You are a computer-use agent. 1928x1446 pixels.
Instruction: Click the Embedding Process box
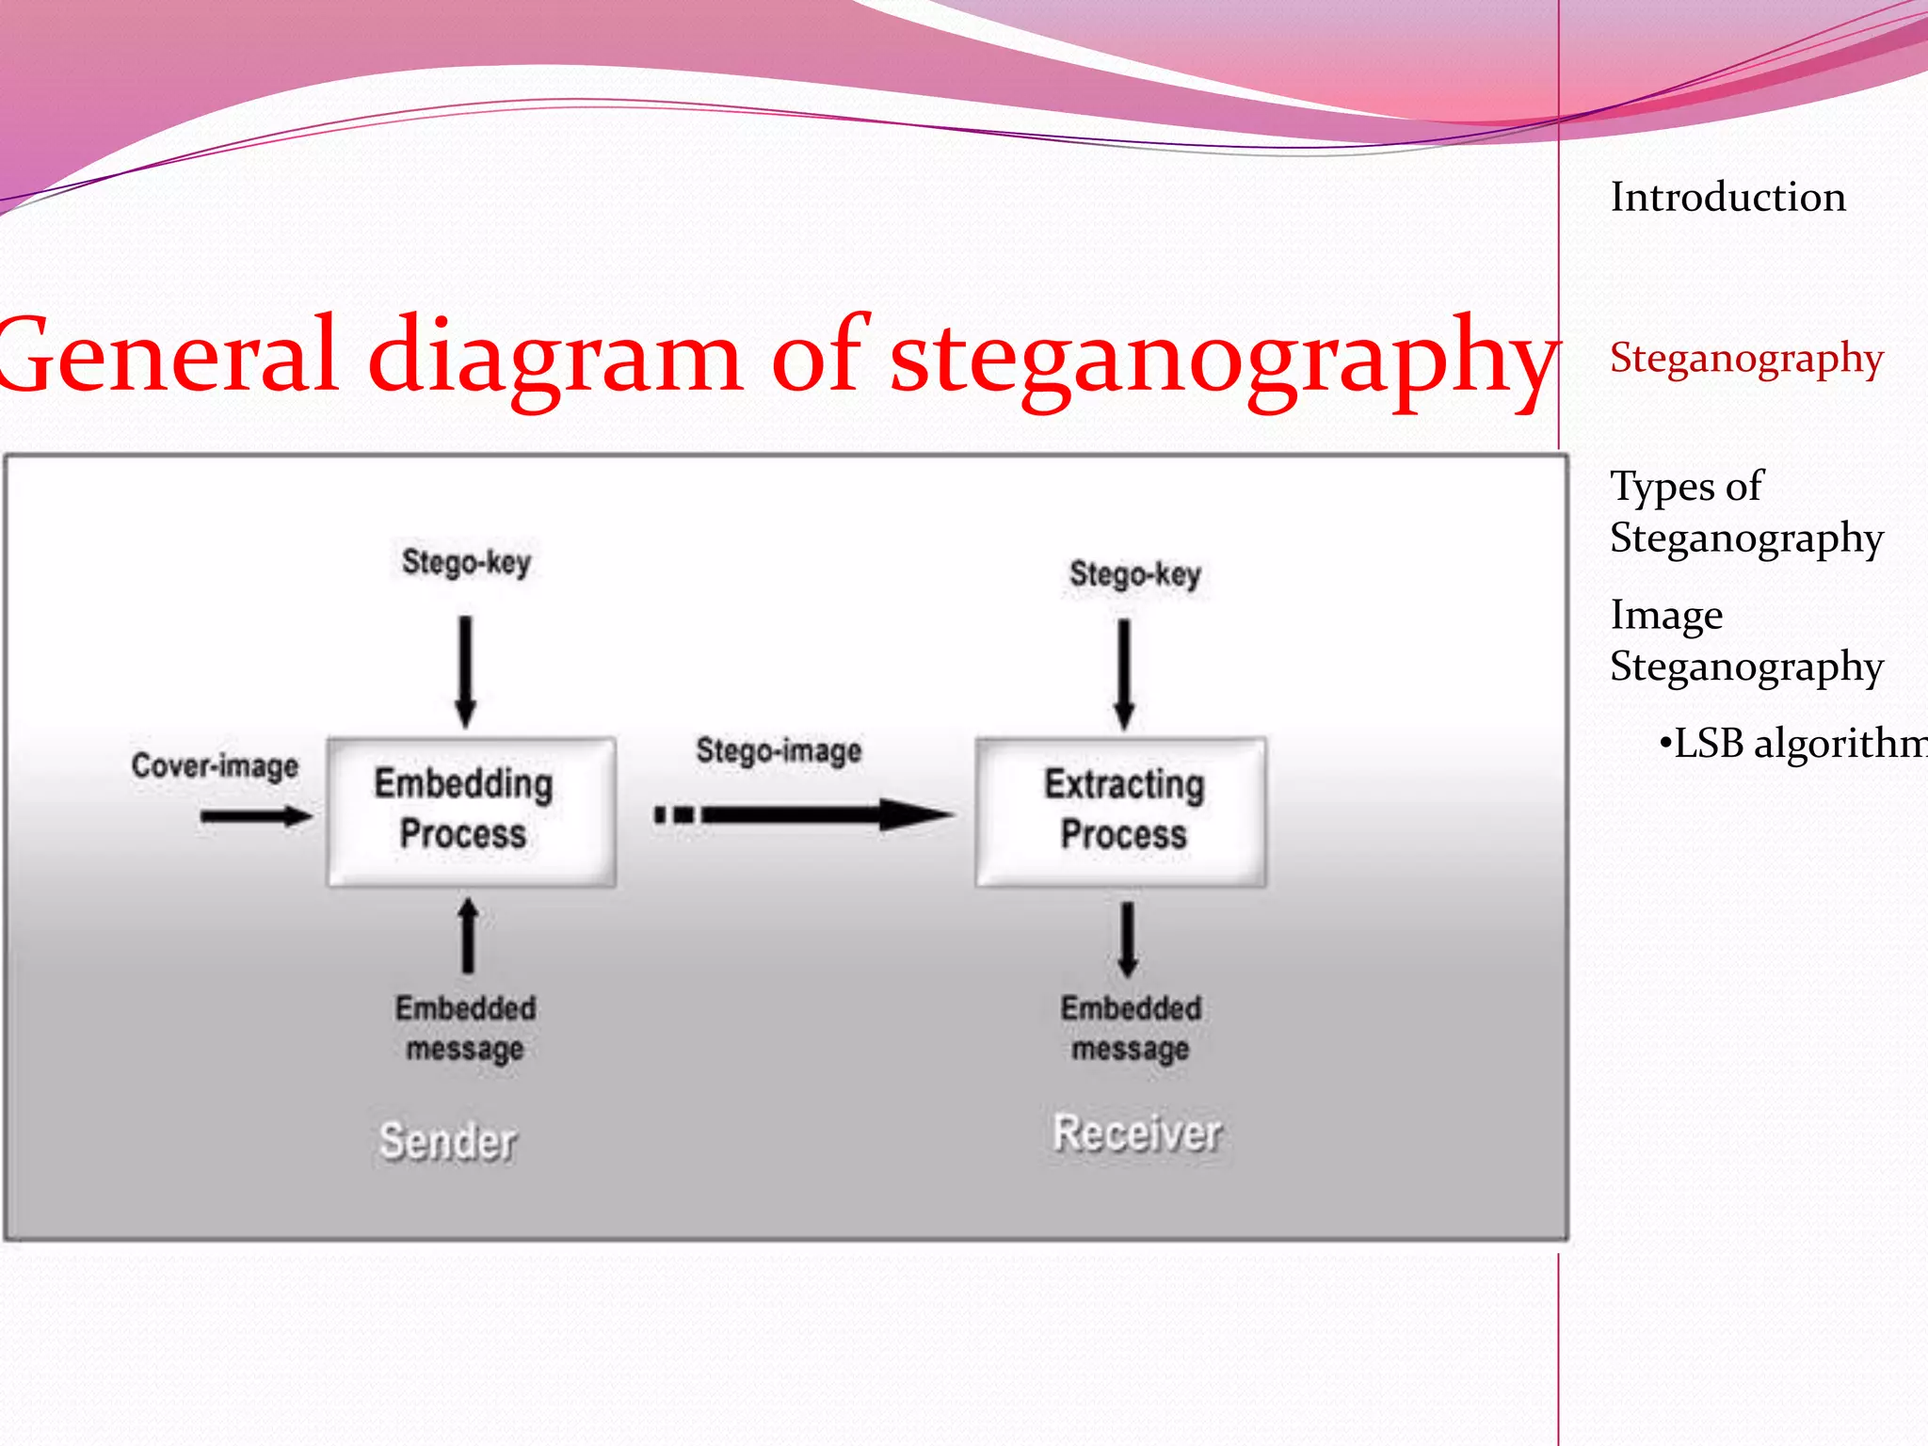tap(471, 811)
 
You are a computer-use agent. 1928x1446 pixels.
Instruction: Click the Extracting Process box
tap(1121, 811)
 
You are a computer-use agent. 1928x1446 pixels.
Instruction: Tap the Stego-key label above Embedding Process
tap(466, 562)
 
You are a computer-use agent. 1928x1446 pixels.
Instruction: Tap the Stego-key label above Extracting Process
tap(1134, 573)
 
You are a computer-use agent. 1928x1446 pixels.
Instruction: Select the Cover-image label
tap(215, 765)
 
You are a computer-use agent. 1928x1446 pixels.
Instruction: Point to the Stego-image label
tap(779, 750)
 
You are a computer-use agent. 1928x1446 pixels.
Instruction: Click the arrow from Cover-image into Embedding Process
tap(255, 815)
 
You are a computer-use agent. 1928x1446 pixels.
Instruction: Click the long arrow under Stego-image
tap(805, 814)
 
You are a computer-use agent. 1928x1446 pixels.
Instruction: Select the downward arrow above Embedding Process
tap(465, 671)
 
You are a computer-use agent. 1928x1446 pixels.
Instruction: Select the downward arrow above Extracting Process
tap(1124, 674)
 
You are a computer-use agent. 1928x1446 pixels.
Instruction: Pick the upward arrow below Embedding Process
tap(468, 936)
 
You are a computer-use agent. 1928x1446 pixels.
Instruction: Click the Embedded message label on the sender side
tap(465, 1028)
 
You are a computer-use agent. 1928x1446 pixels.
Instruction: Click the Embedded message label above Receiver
tap(1131, 1028)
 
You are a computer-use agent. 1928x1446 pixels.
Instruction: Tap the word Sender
tap(448, 1141)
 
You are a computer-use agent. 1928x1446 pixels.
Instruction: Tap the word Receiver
tap(1137, 1133)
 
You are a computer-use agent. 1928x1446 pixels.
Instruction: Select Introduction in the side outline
tap(1727, 197)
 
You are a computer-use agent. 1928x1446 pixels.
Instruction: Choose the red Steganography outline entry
tap(1746, 359)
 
